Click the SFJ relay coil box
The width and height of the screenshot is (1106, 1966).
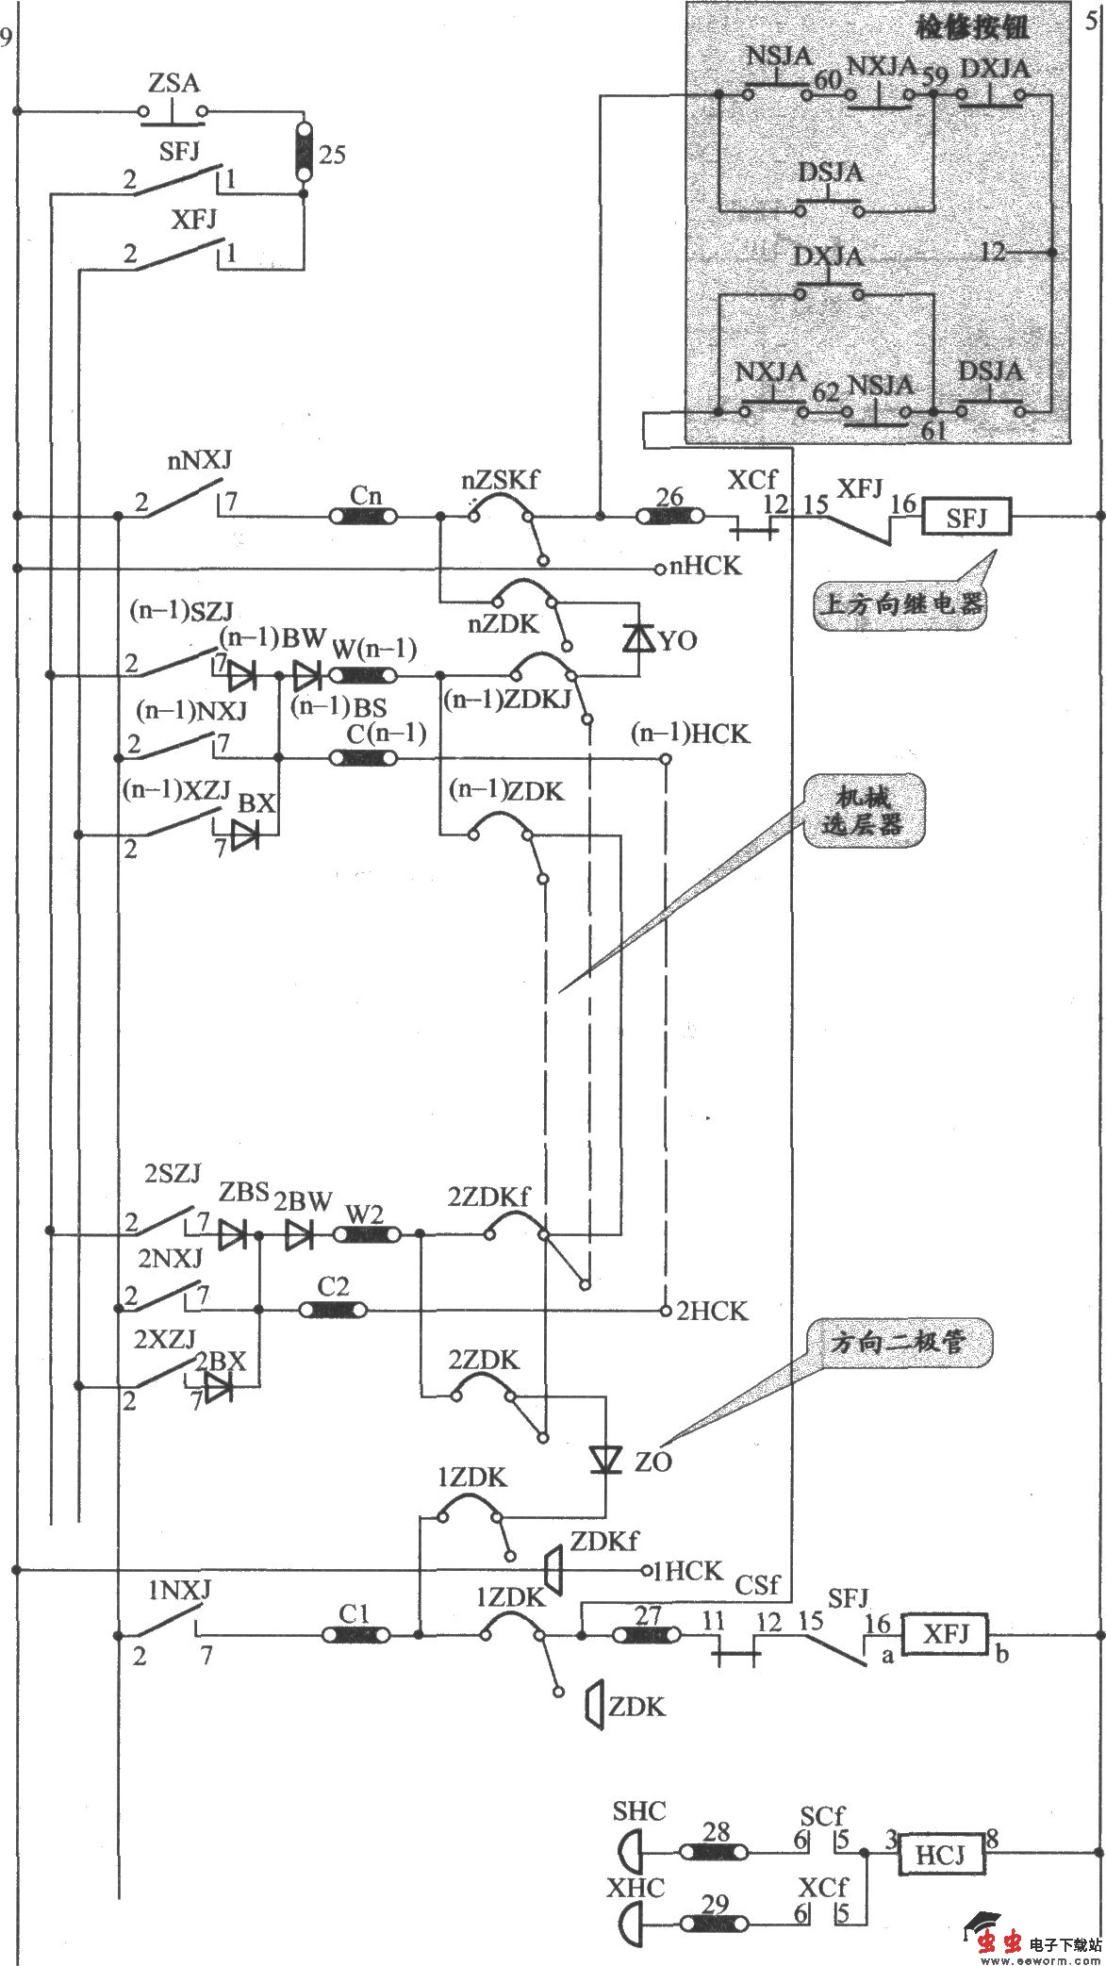[966, 517]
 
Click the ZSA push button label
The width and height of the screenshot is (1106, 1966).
[173, 83]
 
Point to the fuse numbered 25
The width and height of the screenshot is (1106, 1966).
[304, 151]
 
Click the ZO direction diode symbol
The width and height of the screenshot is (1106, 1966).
[604, 1461]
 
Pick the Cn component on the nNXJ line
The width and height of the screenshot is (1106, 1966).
[364, 517]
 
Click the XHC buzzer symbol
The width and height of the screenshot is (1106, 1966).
[632, 1927]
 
